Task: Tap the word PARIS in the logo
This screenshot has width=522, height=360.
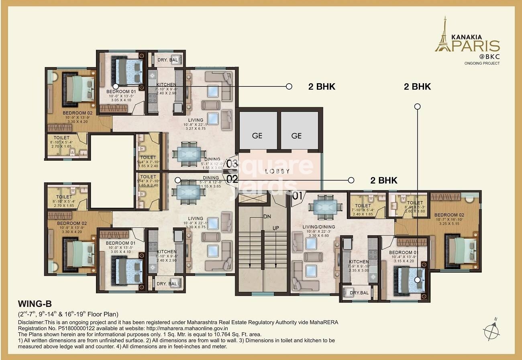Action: (476, 45)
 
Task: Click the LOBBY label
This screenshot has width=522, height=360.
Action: (277, 171)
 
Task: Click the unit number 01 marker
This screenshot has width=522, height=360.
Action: (297, 197)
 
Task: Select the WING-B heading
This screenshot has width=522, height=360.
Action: (35, 304)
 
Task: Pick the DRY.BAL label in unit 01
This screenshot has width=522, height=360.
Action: (359, 293)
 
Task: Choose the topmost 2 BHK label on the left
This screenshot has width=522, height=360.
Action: (321, 86)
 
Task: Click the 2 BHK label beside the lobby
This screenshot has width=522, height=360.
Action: (383, 180)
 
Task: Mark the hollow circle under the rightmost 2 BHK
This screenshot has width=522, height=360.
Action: (418, 106)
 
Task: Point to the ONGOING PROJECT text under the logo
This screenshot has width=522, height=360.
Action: (482, 63)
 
